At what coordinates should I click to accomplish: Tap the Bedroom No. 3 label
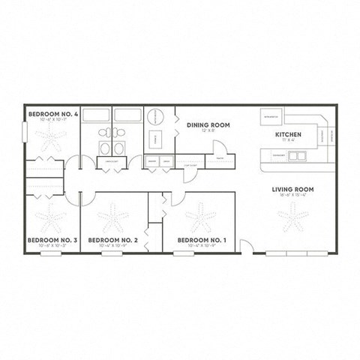tap(47, 240)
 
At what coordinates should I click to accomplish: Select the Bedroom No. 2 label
tap(112, 240)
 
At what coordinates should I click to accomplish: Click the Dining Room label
tap(208, 124)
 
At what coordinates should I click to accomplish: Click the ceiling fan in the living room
tap(292, 217)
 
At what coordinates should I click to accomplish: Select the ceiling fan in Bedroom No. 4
tap(50, 136)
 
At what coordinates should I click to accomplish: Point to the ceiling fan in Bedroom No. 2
tap(115, 218)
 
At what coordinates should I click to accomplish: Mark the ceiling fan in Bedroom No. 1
tap(199, 217)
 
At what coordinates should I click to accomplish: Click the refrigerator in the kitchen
tap(271, 116)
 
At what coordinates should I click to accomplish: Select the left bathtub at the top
tap(95, 115)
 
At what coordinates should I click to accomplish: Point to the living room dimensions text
tap(292, 196)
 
